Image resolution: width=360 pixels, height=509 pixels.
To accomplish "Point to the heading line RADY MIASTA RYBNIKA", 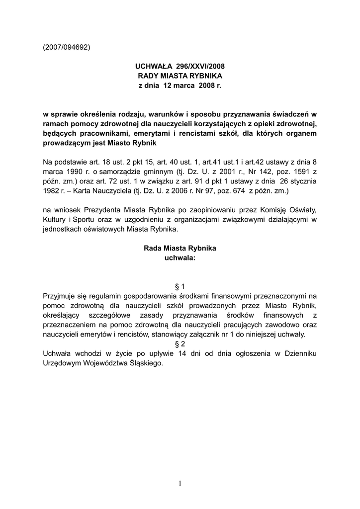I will pos(180,76).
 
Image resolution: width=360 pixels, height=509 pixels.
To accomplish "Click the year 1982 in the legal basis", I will pos(52,190).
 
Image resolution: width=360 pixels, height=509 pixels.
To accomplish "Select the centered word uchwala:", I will pos(180,258).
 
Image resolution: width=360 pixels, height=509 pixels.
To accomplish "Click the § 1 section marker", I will pos(180,286).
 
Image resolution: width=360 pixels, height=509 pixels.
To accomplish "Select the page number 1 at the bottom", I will pos(180,483).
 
